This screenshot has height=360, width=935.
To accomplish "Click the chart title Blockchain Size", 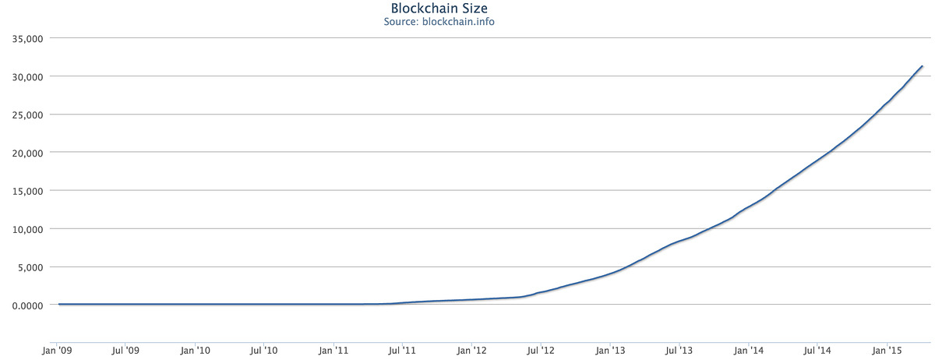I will (439, 9).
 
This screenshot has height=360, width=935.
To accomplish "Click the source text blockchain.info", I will (439, 22).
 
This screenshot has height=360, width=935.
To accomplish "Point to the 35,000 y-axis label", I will (26, 38).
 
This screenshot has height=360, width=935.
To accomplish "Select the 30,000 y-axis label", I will (26, 76).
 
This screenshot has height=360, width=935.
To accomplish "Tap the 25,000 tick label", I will (26, 115).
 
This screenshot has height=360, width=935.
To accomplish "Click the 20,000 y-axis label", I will (26, 153).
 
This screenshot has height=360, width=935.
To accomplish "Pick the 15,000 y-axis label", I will (26, 191).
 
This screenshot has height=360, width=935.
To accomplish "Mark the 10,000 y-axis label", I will (26, 229).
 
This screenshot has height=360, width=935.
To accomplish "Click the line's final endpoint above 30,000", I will (923, 66).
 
